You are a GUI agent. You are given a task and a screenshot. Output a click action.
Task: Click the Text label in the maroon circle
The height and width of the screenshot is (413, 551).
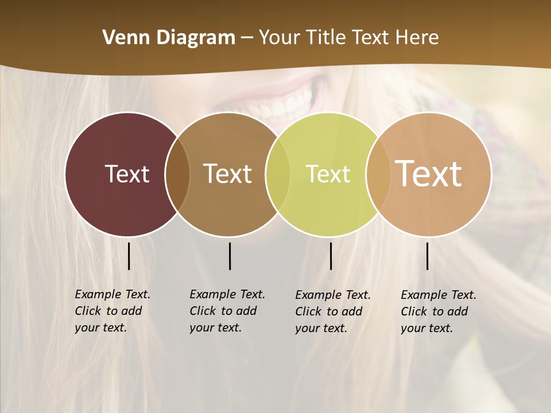(x=127, y=174)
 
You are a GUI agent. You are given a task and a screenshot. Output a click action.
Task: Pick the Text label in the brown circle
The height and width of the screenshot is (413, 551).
(x=228, y=174)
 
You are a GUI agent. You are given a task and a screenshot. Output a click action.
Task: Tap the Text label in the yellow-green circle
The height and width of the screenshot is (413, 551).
(x=328, y=174)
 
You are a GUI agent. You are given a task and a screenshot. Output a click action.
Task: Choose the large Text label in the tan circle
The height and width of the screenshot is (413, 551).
(x=429, y=173)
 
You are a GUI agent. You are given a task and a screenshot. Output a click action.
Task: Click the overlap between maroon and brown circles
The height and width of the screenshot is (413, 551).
(x=177, y=174)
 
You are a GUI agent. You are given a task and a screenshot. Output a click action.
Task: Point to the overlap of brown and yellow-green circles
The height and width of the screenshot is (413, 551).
(x=278, y=174)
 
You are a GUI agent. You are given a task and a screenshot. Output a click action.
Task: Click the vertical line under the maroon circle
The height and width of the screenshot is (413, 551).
(x=129, y=256)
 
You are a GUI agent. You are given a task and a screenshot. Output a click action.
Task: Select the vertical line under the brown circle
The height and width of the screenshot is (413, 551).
(x=230, y=256)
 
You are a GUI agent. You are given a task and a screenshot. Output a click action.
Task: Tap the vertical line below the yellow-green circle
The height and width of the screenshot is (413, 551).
(x=331, y=256)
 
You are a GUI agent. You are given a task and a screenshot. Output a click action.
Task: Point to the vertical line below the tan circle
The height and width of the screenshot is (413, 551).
(x=428, y=256)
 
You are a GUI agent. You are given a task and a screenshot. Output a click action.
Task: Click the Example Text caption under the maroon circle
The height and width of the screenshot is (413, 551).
(x=112, y=311)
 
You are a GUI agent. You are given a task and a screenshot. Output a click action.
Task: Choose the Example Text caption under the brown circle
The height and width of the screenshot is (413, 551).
(x=227, y=311)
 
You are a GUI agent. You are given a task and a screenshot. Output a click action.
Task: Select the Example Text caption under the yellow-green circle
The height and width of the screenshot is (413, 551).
(x=332, y=311)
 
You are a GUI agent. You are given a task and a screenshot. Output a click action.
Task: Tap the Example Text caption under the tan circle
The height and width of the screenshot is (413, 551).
(x=438, y=311)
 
